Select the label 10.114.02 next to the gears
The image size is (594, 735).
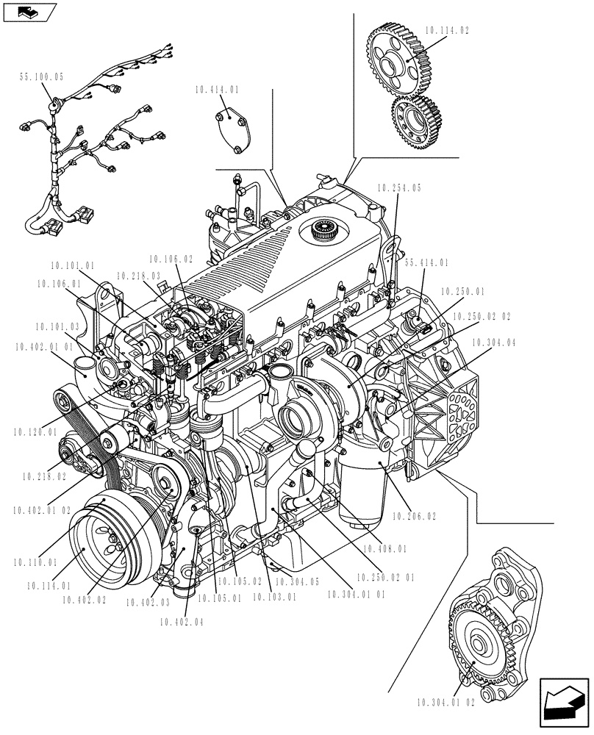446,31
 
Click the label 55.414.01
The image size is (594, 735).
427,262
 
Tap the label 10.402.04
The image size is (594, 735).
180,622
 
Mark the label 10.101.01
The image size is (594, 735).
73,265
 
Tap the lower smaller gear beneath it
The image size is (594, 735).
415,121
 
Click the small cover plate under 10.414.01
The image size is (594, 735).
234,132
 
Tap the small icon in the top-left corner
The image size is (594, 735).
29,11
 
